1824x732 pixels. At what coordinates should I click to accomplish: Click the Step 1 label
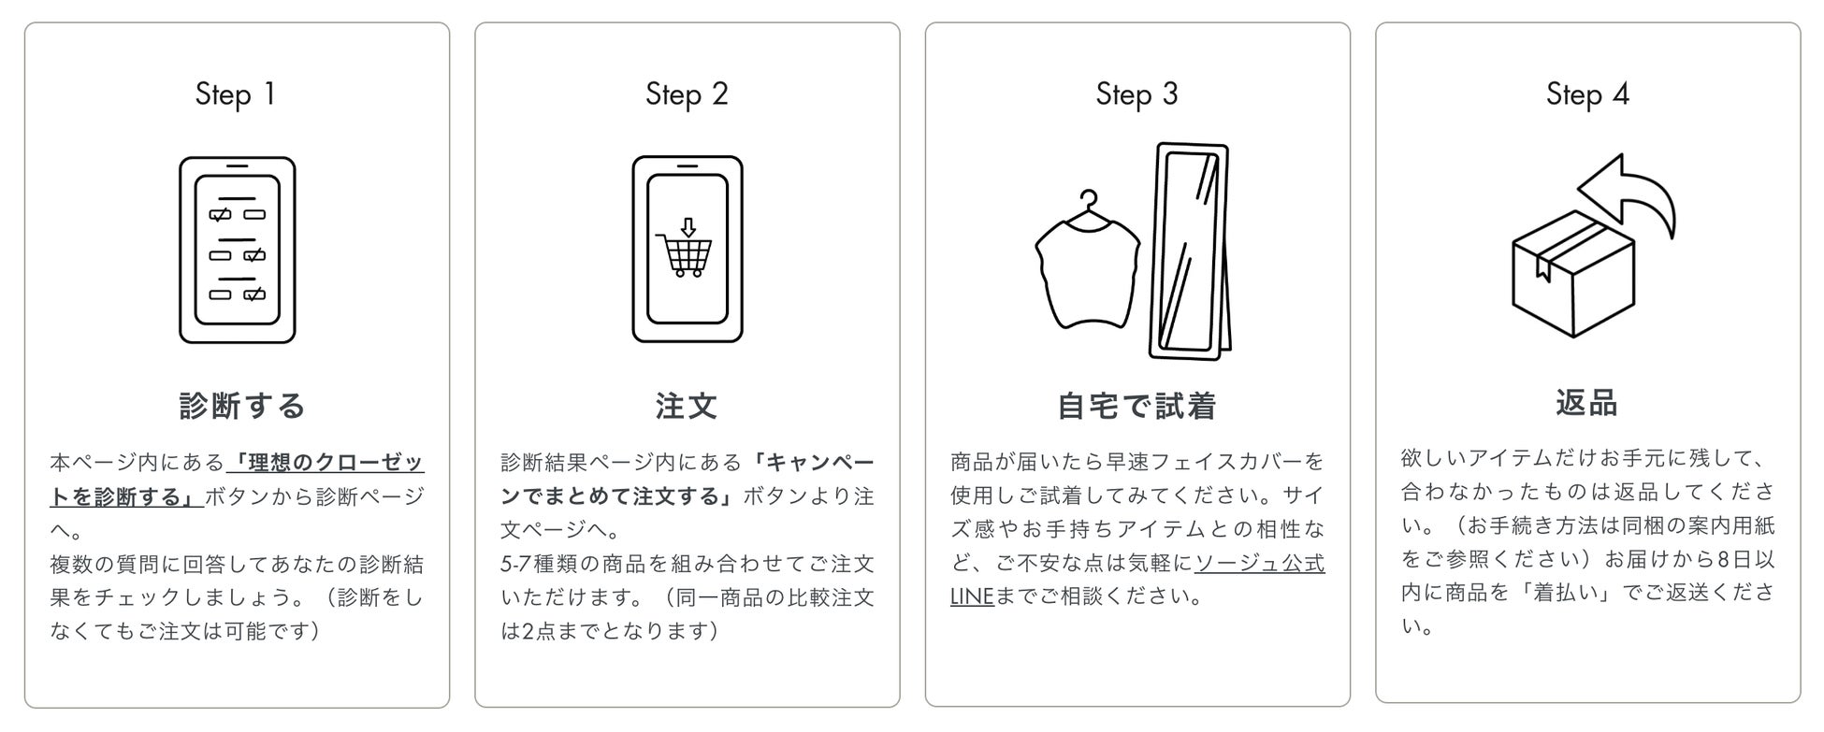(x=236, y=94)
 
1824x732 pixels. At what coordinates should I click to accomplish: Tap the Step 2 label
(x=687, y=94)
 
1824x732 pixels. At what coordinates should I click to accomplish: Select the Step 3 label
(x=1136, y=94)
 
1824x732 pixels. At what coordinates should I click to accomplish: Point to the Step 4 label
(x=1587, y=94)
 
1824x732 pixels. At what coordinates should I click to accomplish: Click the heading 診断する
(x=242, y=406)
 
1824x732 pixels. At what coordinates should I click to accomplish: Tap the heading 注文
(x=687, y=406)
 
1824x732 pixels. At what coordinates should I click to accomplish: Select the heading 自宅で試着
(x=1136, y=406)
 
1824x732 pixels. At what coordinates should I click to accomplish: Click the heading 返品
(x=1587, y=403)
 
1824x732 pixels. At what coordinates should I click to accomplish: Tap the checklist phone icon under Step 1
(x=238, y=251)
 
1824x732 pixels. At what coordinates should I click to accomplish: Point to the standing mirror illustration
(x=1190, y=251)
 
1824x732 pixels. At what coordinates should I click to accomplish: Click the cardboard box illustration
(x=1573, y=274)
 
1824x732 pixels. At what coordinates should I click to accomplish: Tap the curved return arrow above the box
(x=1629, y=193)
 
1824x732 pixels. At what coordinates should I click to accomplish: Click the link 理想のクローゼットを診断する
(x=237, y=480)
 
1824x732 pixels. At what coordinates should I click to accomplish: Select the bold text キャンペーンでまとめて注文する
(x=688, y=480)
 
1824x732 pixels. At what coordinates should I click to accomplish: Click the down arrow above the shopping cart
(x=688, y=226)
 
